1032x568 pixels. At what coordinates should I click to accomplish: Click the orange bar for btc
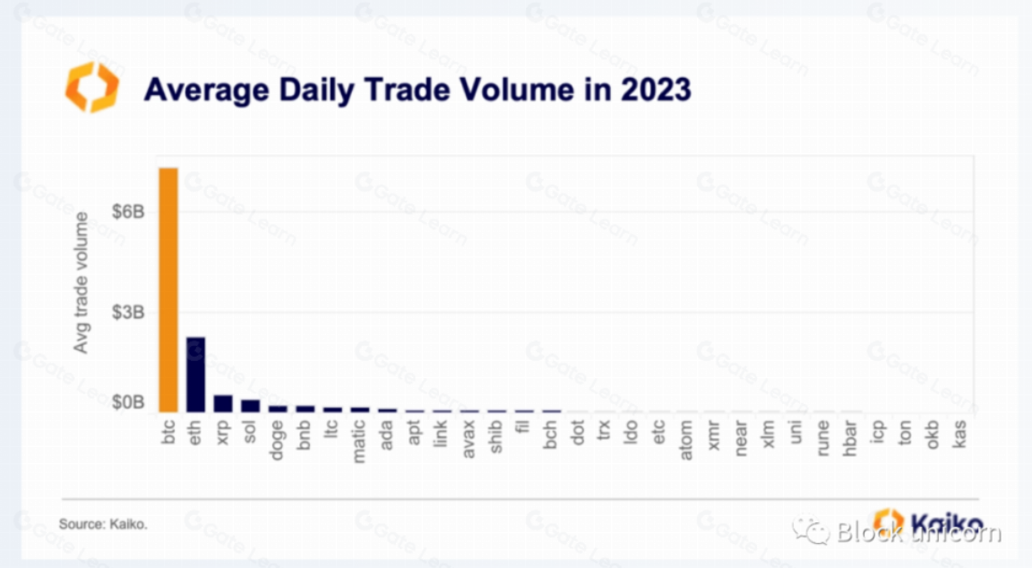(x=168, y=288)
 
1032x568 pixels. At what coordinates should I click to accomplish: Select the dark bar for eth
(x=196, y=374)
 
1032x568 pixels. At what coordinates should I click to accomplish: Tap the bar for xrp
(x=223, y=402)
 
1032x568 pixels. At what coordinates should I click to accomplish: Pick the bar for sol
(x=250, y=405)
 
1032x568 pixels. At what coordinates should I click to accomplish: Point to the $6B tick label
(x=126, y=211)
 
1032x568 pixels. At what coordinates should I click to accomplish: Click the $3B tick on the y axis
(x=126, y=312)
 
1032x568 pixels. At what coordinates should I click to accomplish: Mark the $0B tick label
(x=126, y=402)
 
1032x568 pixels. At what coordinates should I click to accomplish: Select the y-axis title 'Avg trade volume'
(x=82, y=282)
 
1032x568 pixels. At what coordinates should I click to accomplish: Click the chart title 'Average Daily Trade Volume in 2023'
(x=417, y=90)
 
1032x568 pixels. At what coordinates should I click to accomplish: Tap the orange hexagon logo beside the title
(x=91, y=87)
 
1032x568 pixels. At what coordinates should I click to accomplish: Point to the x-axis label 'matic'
(x=359, y=439)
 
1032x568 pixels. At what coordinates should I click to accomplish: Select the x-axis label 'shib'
(x=495, y=435)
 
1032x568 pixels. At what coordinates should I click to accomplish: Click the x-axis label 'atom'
(x=686, y=437)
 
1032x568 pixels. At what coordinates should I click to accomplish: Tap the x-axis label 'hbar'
(x=850, y=436)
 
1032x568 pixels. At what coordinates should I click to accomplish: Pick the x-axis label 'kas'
(x=959, y=433)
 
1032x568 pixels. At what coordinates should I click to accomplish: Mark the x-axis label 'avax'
(x=469, y=435)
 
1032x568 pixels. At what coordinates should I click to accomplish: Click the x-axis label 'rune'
(x=822, y=436)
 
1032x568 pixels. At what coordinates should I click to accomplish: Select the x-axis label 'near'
(x=741, y=436)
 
